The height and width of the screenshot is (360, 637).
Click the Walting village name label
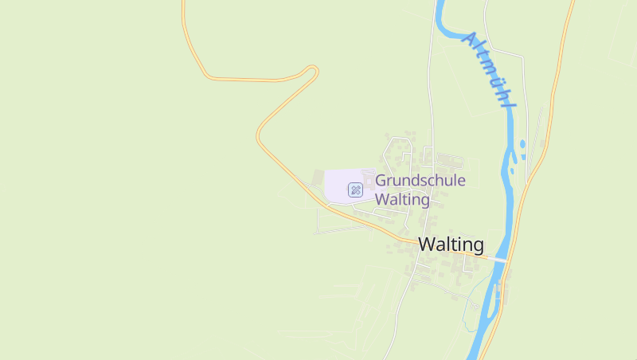[x=451, y=245]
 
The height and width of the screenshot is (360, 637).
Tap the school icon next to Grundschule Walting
[x=356, y=190]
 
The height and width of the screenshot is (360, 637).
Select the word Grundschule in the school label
[x=420, y=181]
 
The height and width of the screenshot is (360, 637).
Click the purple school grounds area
[x=338, y=184]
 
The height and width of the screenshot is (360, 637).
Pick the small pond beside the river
[x=522, y=145]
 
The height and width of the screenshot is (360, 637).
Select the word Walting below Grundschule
[x=402, y=200]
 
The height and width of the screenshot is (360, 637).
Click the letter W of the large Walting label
[x=427, y=245]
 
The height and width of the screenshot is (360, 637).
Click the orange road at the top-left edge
[x=183, y=6]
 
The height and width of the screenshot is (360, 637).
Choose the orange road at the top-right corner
[x=571, y=6]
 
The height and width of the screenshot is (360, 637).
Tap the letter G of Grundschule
[x=381, y=181]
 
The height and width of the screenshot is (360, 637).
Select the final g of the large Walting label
[x=477, y=246]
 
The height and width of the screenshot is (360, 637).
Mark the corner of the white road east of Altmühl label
[x=523, y=57]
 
